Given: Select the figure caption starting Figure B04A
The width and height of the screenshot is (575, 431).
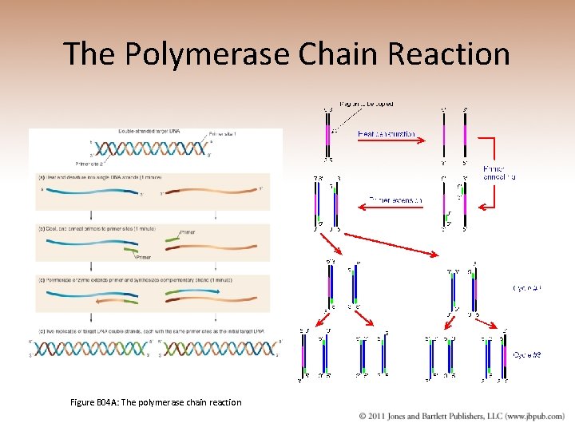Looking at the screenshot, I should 155,402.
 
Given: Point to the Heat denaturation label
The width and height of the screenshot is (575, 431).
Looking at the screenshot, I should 387,134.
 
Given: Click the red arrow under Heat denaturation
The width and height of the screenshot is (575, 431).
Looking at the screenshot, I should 387,143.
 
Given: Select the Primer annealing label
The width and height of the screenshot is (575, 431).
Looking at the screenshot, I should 499,172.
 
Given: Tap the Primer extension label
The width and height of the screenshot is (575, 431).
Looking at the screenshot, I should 396,200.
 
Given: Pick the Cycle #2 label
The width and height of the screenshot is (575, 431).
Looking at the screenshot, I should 527,288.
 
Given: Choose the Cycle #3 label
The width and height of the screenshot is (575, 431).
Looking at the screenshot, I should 527,354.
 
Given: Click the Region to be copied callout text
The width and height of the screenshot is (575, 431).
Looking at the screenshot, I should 367,104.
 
